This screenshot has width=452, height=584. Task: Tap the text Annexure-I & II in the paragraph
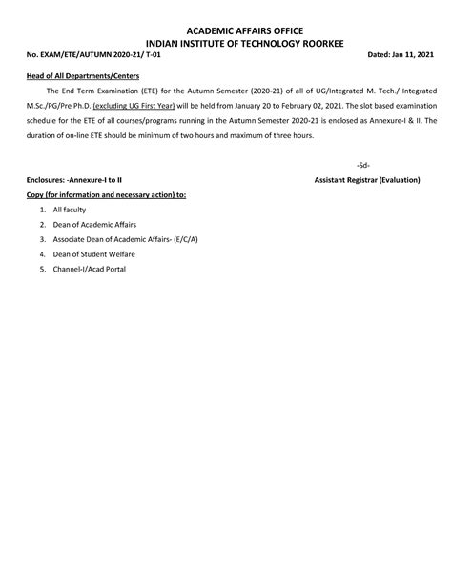coord(392,122)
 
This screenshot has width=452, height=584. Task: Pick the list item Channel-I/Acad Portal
coord(91,270)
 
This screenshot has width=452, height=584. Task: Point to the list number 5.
coord(42,270)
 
